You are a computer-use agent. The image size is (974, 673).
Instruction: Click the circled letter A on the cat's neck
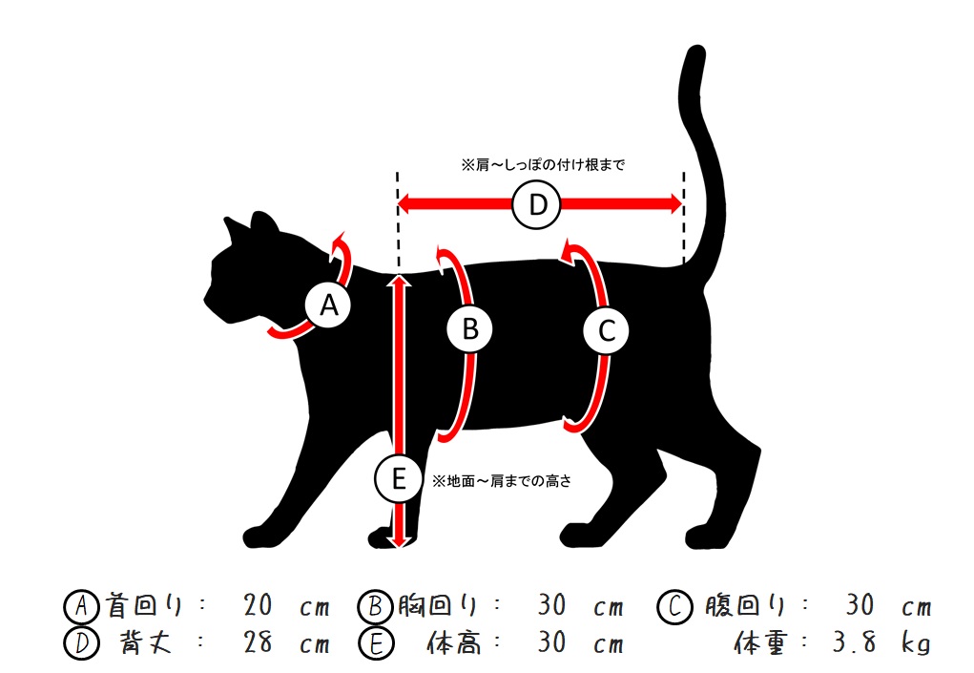(x=328, y=305)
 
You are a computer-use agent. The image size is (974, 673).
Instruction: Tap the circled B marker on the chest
(x=469, y=328)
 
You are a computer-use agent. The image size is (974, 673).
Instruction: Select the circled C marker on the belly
(x=606, y=330)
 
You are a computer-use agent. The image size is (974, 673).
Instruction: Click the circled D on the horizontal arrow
(x=537, y=204)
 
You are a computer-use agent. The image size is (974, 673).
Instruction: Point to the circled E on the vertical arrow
(x=398, y=478)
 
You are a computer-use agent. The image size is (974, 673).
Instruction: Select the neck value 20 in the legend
(x=258, y=605)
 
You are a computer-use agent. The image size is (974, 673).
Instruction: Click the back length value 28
(x=258, y=641)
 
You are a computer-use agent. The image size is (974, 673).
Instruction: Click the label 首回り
(x=144, y=605)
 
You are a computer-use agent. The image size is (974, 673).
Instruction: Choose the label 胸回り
(x=438, y=605)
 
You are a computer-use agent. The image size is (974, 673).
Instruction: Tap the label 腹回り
(x=744, y=605)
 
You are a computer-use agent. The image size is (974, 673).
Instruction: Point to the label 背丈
(x=145, y=642)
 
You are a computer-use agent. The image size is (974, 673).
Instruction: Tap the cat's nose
(x=206, y=299)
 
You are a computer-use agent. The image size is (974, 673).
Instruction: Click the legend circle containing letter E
(x=376, y=643)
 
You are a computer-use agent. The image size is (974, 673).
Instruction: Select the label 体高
(x=454, y=642)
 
